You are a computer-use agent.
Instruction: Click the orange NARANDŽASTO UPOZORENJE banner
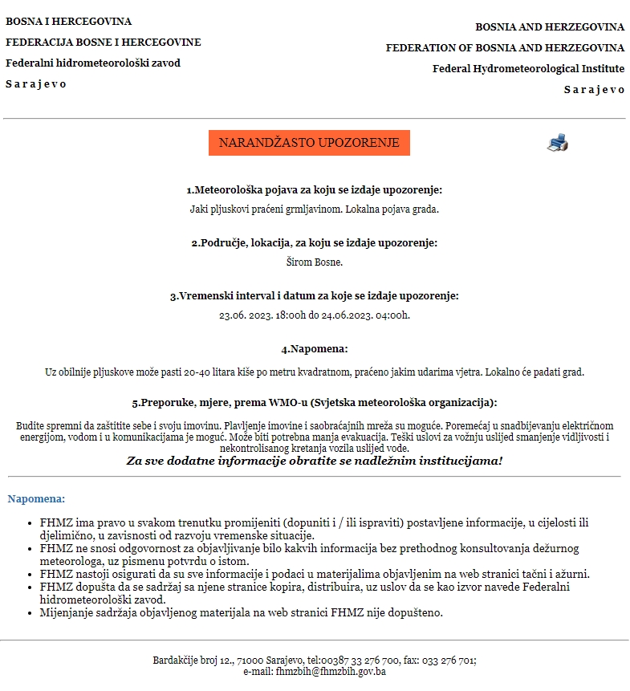click(x=309, y=143)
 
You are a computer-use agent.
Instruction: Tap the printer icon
click(x=558, y=144)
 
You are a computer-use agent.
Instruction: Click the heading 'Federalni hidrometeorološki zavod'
click(x=93, y=63)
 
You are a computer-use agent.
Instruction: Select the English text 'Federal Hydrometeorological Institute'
click(x=528, y=69)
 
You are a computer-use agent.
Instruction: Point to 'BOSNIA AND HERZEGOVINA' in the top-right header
click(x=550, y=27)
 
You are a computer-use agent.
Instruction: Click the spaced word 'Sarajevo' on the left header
click(x=36, y=84)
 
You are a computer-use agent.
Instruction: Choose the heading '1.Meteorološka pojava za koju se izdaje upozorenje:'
click(x=315, y=190)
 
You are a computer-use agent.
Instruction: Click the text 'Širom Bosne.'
click(x=315, y=262)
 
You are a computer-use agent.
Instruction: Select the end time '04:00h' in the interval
click(x=392, y=315)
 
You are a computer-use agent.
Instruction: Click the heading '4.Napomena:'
click(x=315, y=349)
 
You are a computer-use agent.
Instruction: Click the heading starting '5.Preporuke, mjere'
click(x=315, y=403)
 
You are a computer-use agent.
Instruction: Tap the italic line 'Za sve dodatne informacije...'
click(x=315, y=461)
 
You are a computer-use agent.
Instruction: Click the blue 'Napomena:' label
click(x=36, y=499)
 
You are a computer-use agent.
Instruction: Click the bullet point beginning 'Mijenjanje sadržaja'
click(x=241, y=612)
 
